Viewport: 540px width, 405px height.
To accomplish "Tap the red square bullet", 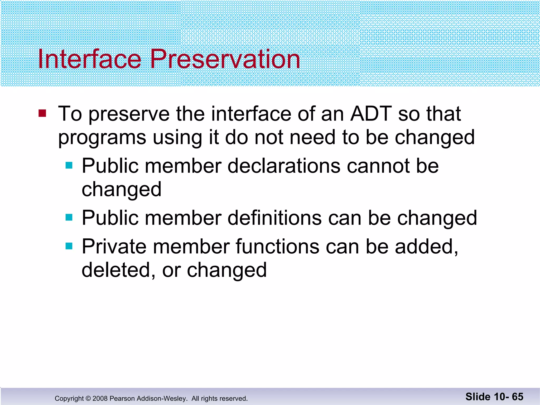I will (42, 113).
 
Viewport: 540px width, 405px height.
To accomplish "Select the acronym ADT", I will (370, 114).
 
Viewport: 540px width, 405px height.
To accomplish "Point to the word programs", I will (102, 138).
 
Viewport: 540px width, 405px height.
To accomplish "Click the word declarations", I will (284, 166).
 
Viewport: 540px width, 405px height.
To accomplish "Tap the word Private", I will (114, 247).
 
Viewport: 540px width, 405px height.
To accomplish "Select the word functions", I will (277, 247).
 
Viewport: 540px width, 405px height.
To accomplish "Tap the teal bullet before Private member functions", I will (69, 246).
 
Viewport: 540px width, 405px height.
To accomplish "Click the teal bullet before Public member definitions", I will (69, 218).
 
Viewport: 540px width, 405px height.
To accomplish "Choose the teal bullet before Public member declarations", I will (69, 166).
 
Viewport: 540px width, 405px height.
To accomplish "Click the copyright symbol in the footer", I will (88, 398).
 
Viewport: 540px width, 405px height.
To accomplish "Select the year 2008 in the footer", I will (100, 398).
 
